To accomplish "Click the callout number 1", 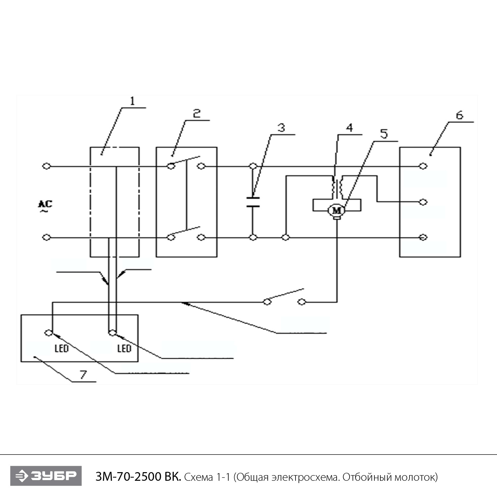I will coord(133,101).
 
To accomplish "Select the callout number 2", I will coord(197,114).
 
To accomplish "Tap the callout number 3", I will coord(281,128).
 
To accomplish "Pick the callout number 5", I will coord(384,134).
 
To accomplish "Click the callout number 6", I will coord(459,115).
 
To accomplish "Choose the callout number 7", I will coord(83,375).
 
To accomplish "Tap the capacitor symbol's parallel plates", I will coord(253,202).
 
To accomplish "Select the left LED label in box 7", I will coord(61,348).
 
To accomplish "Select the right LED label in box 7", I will coord(124,348).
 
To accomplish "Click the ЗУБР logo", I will coord(46,476).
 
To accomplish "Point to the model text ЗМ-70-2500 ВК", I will coord(138,477).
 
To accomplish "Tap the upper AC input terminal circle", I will coord(47,166).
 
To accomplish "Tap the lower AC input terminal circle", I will coord(47,237).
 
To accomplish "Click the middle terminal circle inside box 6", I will coord(423,202).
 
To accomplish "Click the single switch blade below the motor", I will coord(285,296).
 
